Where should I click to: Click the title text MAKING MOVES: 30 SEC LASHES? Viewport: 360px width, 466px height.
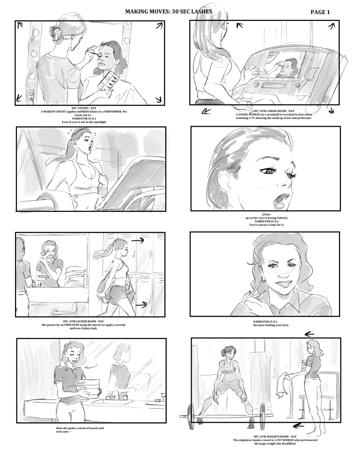168,11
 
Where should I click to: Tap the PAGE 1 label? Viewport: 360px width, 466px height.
320,12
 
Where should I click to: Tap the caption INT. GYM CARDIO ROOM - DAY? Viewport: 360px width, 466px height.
274,111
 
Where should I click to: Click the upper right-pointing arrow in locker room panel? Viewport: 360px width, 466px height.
138,240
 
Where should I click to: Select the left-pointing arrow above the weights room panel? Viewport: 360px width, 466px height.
309,334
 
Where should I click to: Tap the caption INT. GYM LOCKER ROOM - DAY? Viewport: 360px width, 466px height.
83,321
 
